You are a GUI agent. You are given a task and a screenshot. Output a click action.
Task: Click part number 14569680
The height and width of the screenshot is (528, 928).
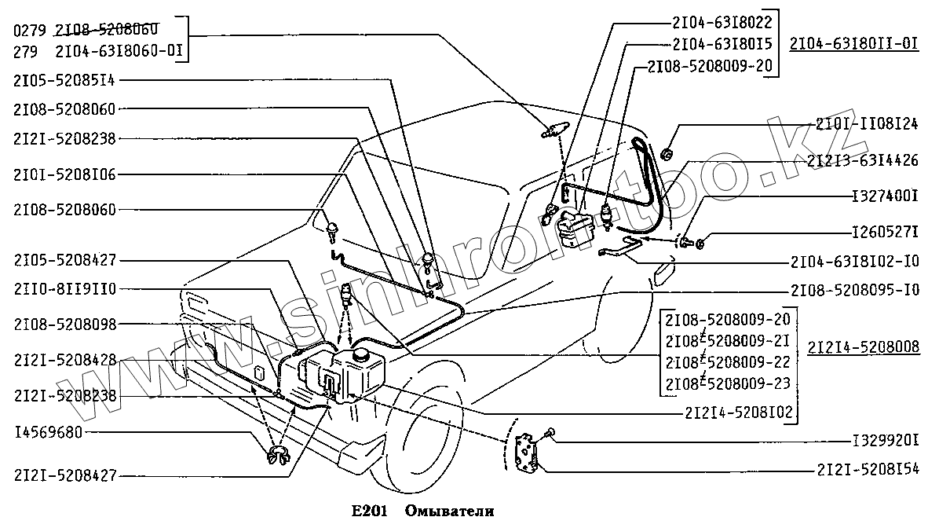[x=48, y=432]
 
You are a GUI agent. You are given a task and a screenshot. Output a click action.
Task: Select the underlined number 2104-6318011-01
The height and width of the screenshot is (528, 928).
[x=854, y=44]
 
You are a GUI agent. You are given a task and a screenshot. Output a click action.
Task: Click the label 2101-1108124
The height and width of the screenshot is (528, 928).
[x=866, y=124]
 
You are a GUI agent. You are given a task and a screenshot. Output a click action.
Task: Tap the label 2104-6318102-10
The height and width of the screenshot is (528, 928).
[x=856, y=261]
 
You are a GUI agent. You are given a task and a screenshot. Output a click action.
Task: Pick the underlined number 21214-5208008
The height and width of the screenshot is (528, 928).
[x=864, y=346]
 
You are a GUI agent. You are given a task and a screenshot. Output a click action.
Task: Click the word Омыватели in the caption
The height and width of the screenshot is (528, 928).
[x=450, y=511]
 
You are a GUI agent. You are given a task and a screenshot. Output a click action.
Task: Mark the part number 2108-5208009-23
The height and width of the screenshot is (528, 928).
[x=726, y=384]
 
